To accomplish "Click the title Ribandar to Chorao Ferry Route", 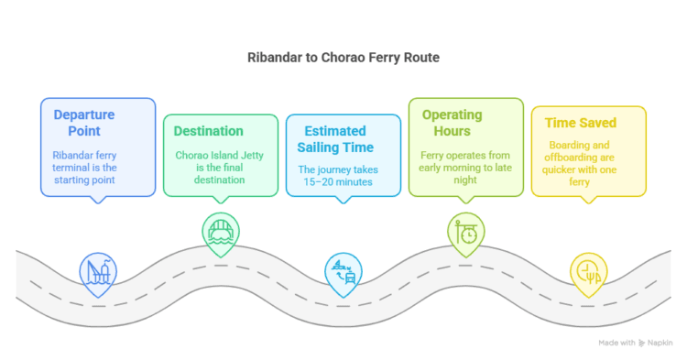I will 343,57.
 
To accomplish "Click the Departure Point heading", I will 84,123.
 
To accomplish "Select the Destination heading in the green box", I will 209,131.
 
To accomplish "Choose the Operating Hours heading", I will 452,124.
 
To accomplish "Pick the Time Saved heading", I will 580,123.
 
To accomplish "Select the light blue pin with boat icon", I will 343,271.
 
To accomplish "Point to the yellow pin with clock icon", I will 588,271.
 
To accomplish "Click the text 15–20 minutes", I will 338,182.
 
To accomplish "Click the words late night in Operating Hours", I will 468,168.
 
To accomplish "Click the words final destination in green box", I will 221,180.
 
